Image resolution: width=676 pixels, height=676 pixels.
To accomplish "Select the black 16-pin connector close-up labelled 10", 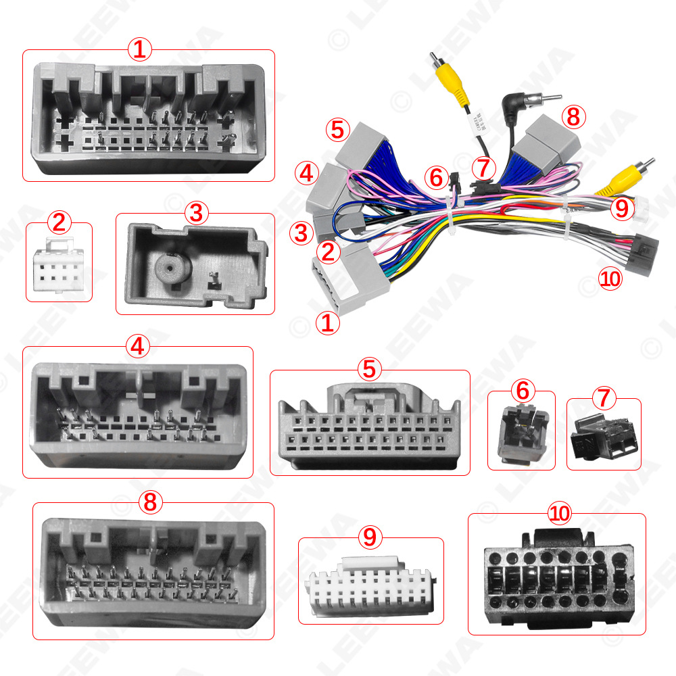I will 556,579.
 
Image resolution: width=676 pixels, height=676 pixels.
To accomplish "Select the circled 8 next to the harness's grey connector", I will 573,116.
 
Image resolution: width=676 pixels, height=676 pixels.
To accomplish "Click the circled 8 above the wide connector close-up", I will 150,502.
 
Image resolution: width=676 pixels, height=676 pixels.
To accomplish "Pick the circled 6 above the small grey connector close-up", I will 522,391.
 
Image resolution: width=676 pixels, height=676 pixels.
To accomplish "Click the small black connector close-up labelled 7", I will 603,437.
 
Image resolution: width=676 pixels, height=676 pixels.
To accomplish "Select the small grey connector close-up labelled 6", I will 521,436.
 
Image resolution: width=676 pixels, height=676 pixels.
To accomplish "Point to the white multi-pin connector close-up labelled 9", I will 369,585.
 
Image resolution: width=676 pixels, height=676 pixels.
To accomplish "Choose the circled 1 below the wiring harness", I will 328,322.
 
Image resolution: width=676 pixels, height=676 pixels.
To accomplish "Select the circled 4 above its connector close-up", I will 138,346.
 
